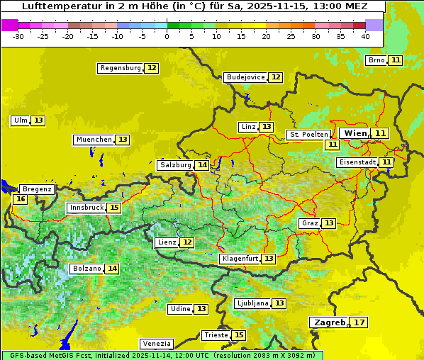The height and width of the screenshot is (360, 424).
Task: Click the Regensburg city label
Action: coord(121,68)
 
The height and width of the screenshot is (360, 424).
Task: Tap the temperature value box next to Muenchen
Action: coord(123,140)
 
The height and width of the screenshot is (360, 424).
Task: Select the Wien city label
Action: coord(355,133)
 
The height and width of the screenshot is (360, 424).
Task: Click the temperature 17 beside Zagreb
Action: coord(359,322)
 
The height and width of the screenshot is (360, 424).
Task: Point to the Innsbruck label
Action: coord(86,208)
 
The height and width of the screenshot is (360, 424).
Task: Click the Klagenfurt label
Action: coord(239,259)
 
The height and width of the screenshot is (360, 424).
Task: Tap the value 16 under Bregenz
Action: coord(20,199)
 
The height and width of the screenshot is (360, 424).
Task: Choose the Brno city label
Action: coord(376,60)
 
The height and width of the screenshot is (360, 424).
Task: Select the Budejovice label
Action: coord(246,77)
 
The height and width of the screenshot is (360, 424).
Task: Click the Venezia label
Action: coord(156,344)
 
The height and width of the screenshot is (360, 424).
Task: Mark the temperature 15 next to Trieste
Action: coord(239,335)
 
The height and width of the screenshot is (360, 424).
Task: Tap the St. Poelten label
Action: coord(308,134)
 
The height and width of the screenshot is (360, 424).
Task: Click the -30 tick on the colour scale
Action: coord(18,35)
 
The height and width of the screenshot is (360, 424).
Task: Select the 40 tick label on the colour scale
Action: coord(365,35)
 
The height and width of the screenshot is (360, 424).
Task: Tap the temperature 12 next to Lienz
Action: coord(186,242)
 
